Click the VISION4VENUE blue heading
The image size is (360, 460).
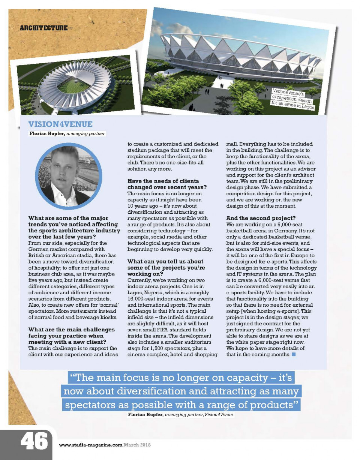60,124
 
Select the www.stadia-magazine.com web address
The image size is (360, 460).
91,445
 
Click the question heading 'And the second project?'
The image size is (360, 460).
261,217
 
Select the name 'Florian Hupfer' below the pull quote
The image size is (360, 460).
145,415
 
